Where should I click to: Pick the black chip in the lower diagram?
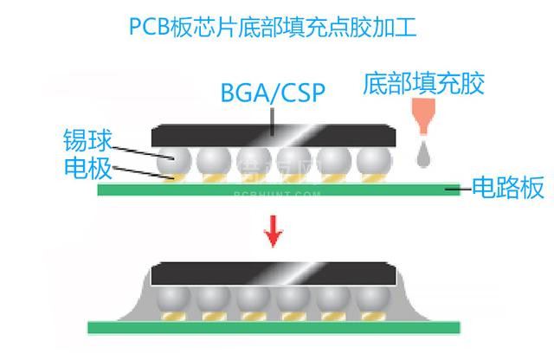pos(274,276)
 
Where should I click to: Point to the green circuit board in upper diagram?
pos(277,189)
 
